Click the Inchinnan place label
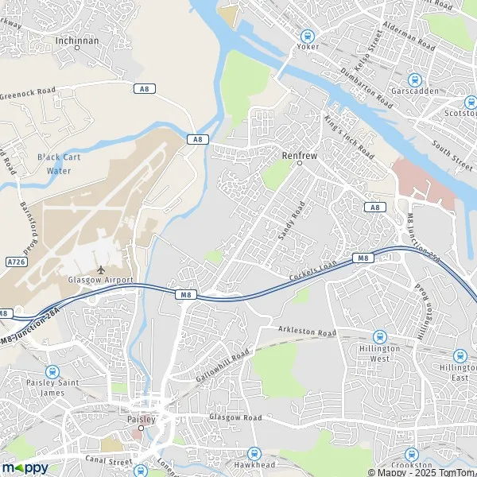(77, 38)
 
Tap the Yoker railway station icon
(308, 35)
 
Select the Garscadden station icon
(413, 79)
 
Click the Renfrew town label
(300, 156)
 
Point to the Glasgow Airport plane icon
(100, 270)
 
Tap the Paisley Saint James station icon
(52, 371)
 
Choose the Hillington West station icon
(380, 337)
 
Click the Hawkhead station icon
(254, 452)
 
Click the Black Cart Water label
(59, 164)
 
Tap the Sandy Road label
(291, 221)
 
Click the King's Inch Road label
(349, 135)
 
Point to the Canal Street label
(108, 460)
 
